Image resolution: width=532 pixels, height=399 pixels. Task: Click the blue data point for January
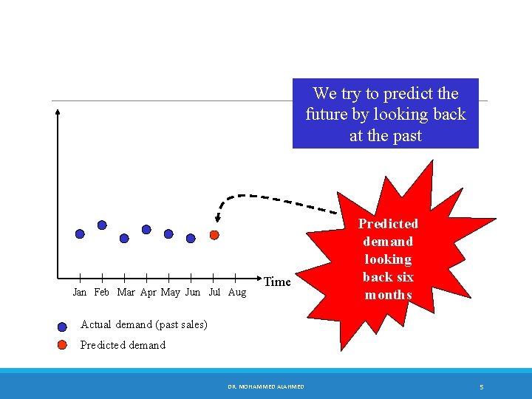click(80, 233)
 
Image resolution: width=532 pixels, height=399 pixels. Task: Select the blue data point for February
click(102, 225)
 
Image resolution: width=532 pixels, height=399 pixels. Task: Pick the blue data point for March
click(124, 238)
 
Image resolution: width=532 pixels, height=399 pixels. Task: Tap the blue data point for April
click(146, 229)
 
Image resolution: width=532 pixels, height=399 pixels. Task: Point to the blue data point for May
click(168, 233)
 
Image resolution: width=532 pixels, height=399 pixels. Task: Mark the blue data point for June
click(191, 238)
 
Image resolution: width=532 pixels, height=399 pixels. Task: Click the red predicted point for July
click(214, 235)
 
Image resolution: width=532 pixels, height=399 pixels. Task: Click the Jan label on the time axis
click(80, 293)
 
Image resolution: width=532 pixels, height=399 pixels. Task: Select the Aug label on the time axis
click(237, 293)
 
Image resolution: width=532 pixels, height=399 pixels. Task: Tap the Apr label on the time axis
click(149, 293)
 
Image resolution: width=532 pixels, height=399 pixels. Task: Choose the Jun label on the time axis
click(192, 293)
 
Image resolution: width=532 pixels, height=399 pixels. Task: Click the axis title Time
click(277, 282)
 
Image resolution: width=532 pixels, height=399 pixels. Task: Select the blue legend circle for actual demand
click(63, 326)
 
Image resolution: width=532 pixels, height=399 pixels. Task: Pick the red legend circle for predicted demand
click(63, 345)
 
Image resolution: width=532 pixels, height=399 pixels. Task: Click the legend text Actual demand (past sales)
click(143, 324)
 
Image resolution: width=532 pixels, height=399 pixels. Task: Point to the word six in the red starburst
click(404, 277)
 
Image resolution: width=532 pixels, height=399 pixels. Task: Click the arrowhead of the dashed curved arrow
click(218, 218)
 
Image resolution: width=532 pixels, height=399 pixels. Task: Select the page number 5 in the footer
click(481, 386)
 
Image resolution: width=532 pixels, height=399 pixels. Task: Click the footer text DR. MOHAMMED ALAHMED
click(265, 386)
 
